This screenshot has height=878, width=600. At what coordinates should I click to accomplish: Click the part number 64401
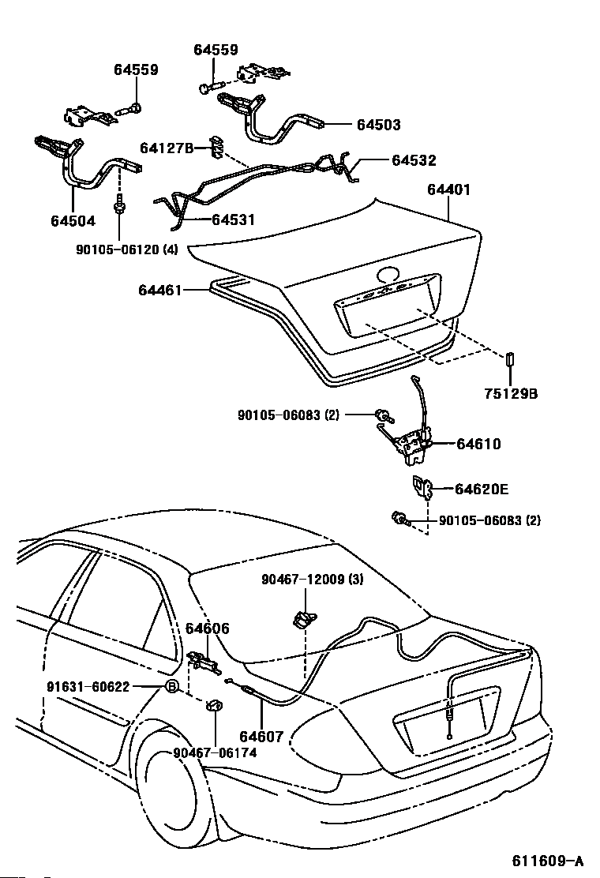pyautogui.click(x=449, y=189)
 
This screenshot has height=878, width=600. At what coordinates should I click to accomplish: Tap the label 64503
pyautogui.click(x=379, y=124)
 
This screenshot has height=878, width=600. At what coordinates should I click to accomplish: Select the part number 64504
pyautogui.click(x=73, y=220)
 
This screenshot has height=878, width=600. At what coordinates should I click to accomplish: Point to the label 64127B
pyautogui.click(x=167, y=148)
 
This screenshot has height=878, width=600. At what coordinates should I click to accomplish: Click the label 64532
pyautogui.click(x=414, y=160)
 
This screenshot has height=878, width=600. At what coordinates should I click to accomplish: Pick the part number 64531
pyautogui.click(x=233, y=219)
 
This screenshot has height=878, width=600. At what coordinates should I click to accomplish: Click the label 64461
pyautogui.click(x=160, y=290)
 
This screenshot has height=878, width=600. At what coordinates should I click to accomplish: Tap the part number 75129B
pyautogui.click(x=511, y=394)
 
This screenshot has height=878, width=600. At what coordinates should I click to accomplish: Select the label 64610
pyautogui.click(x=478, y=444)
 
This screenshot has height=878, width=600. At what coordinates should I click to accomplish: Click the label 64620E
pyautogui.click(x=482, y=489)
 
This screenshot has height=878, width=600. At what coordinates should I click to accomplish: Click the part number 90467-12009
pyautogui.click(x=303, y=580)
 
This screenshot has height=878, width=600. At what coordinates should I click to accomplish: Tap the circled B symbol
pyautogui.click(x=172, y=686)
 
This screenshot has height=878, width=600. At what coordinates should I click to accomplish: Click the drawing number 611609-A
pyautogui.click(x=547, y=860)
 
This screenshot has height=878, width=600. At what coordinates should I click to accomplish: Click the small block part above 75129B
pyautogui.click(x=511, y=359)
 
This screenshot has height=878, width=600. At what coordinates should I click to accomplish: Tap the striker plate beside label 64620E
pyautogui.click(x=422, y=487)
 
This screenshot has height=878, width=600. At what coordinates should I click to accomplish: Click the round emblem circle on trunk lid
pyautogui.click(x=387, y=275)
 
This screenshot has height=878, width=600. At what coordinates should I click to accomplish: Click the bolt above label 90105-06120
pyautogui.click(x=118, y=207)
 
